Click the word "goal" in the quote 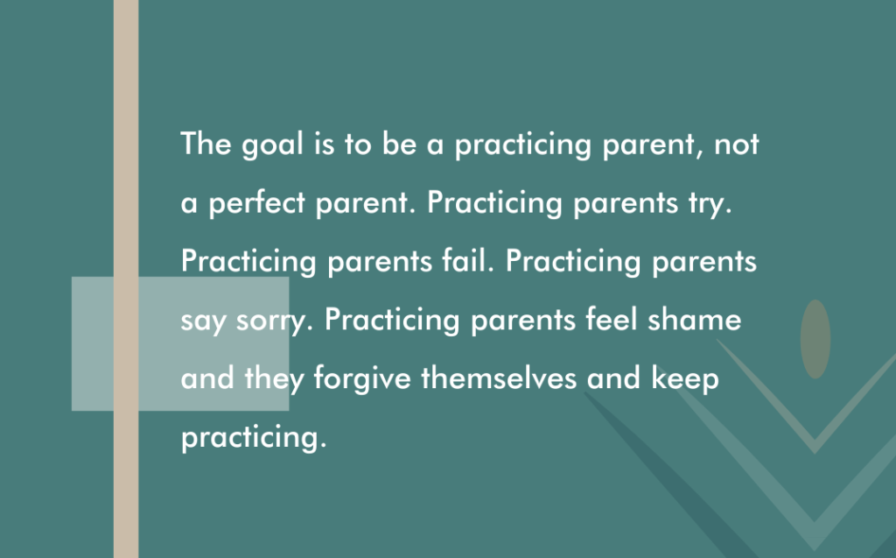point(272,145)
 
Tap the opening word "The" point(206,143)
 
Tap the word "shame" point(694,319)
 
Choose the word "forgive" point(362,379)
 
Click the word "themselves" point(499,378)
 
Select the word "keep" point(684,379)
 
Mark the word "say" point(203,322)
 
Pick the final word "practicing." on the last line point(254,438)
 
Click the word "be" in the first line point(399,143)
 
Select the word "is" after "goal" point(324,143)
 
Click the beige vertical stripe point(126,279)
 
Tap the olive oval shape point(815,339)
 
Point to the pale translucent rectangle point(180,344)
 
